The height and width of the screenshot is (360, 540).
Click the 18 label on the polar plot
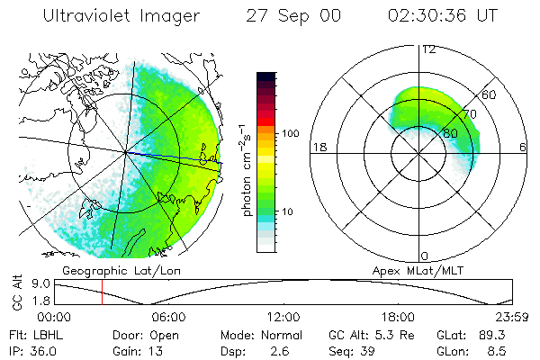(x=318, y=147)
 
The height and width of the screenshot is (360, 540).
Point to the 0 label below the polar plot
(x=425, y=256)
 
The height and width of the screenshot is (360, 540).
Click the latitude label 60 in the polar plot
(x=490, y=94)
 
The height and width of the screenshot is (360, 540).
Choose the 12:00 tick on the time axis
(x=283, y=317)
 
